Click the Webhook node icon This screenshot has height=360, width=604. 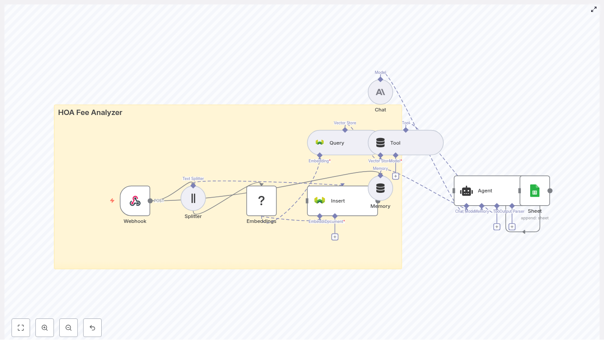[x=135, y=201]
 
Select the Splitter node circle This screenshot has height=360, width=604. [x=193, y=198]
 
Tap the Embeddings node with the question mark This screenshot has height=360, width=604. [x=261, y=201]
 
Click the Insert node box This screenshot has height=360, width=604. [x=342, y=201]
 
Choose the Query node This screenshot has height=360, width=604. [x=336, y=143]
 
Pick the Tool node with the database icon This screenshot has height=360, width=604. [x=406, y=143]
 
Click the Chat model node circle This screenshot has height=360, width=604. [x=380, y=92]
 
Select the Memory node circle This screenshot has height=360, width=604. [x=380, y=188]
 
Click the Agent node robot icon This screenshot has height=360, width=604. [x=466, y=191]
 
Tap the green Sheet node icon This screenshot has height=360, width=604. [x=535, y=191]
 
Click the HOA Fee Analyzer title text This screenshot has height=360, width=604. [x=90, y=113]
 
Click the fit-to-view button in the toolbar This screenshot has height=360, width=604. [x=21, y=328]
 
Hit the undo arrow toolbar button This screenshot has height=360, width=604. [x=92, y=328]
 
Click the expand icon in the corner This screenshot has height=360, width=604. [x=594, y=9]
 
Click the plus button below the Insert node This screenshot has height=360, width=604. [x=335, y=237]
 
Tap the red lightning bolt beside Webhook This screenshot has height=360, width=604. [x=112, y=200]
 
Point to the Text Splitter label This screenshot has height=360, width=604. [x=193, y=179]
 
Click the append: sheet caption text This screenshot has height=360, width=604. [x=535, y=218]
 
